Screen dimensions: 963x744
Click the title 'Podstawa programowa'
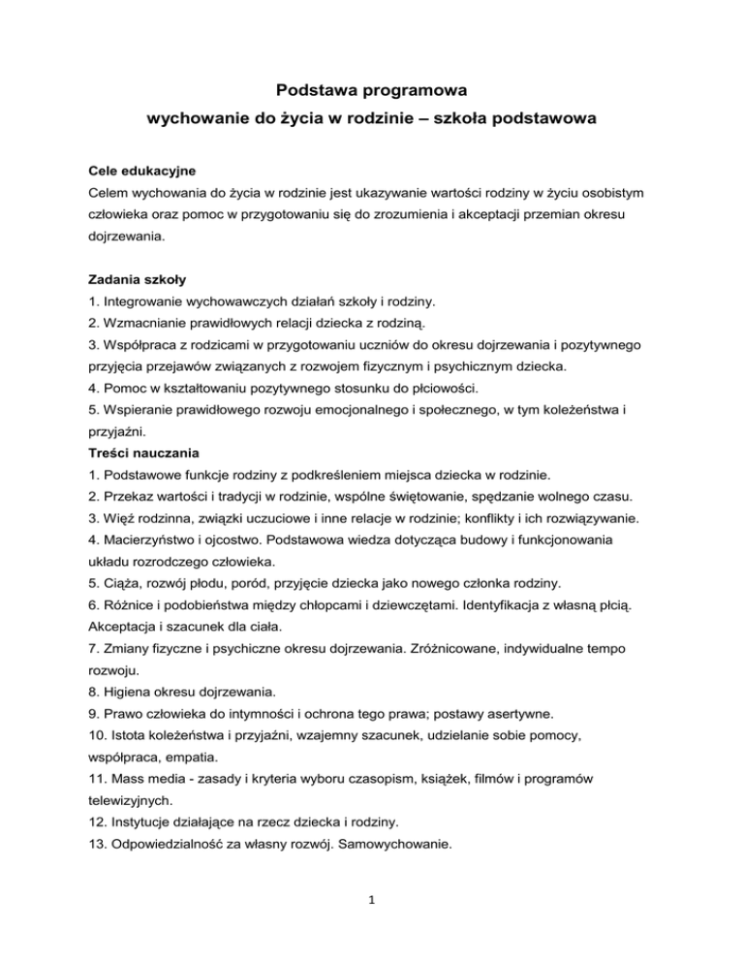372,91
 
